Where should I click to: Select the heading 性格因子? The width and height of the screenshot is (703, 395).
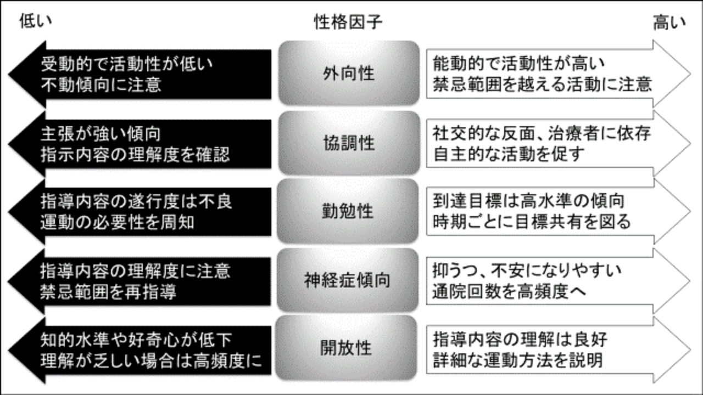pos(348,22)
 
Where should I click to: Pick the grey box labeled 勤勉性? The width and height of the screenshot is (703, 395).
pos(348,211)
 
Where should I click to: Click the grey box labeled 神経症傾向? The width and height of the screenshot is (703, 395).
pos(348,280)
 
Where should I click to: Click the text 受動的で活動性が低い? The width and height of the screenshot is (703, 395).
pos(126,64)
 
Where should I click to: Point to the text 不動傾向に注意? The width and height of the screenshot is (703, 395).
pos(101,84)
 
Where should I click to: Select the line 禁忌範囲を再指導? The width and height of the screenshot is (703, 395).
pos(108,292)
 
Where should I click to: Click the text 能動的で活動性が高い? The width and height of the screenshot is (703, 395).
pos(519,64)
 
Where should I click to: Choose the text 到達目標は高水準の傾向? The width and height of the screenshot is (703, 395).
pos(529,201)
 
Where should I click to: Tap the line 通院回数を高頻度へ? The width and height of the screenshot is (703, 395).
pos(509,291)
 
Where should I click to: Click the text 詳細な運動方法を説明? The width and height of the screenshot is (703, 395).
pos(518,359)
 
